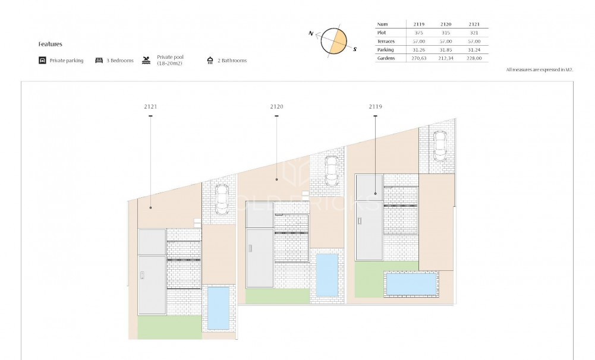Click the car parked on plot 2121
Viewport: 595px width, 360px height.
[221, 200]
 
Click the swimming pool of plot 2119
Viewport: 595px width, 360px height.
[411, 284]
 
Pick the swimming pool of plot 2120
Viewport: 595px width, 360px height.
[327, 274]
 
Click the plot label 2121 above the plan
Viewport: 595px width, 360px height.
[150, 106]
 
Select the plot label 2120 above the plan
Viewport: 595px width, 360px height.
[276, 106]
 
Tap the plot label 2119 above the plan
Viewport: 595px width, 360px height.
[375, 106]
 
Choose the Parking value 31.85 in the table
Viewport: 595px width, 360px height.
[446, 50]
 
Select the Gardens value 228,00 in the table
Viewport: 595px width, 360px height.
[473, 58]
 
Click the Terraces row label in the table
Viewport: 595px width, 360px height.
[387, 42]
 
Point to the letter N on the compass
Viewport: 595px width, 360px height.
[311, 34]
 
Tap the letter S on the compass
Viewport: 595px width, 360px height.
[355, 50]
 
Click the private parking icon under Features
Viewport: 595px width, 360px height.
[42, 61]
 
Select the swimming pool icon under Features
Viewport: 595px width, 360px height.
[146, 61]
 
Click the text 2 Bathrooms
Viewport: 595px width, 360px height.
[231, 61]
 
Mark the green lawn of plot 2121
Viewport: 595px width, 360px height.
[169, 327]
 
